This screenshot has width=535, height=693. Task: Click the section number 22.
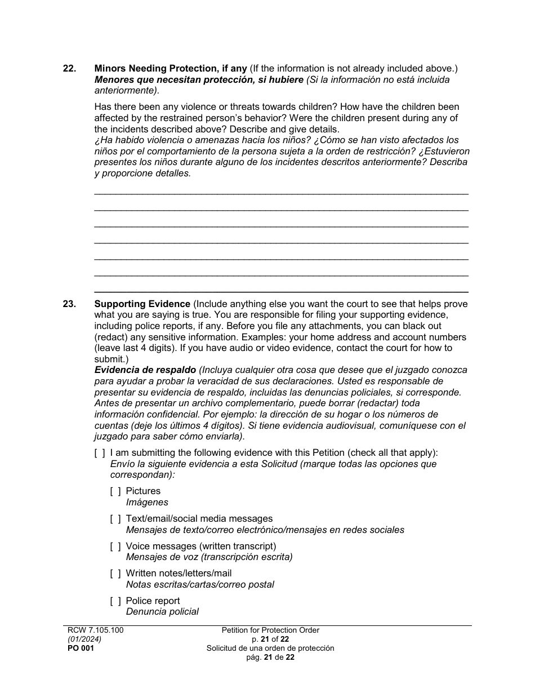pyautogui.click(x=69, y=69)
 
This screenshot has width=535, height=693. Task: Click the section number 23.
pyautogui.click(x=69, y=304)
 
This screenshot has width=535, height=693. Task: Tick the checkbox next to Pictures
pyautogui.click(x=115, y=491)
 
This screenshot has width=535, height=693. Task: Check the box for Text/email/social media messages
pyautogui.click(x=115, y=519)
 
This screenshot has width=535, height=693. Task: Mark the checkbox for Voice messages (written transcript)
pyautogui.click(x=115, y=547)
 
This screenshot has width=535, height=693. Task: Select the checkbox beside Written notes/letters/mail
pyautogui.click(x=115, y=574)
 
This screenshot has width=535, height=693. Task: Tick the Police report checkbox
pyautogui.click(x=115, y=601)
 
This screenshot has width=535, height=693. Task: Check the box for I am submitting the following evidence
pyautogui.click(x=100, y=453)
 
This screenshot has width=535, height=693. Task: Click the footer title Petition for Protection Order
pyautogui.click(x=270, y=630)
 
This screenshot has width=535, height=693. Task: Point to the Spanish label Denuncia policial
pyautogui.click(x=162, y=612)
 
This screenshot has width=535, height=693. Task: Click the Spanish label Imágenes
pyautogui.click(x=147, y=503)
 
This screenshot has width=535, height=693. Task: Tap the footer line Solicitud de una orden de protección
pyautogui.click(x=270, y=648)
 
